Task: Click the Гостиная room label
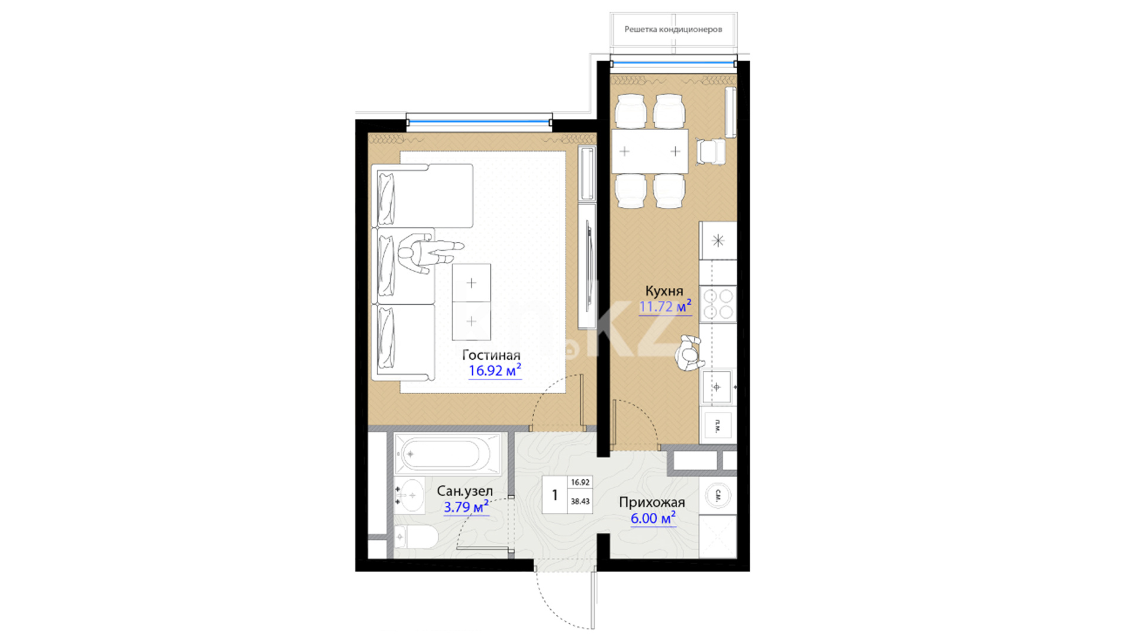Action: pyautogui.click(x=491, y=355)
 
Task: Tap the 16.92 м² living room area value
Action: pyautogui.click(x=495, y=370)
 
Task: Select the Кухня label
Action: pyautogui.click(x=664, y=291)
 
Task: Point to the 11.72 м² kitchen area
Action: pyautogui.click(x=665, y=306)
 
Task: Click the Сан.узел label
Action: pyautogui.click(x=464, y=491)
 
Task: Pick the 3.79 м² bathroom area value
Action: pyautogui.click(x=466, y=506)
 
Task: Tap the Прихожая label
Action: pyautogui.click(x=652, y=502)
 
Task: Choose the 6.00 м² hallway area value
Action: pyautogui.click(x=653, y=518)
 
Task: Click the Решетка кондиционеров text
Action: pyautogui.click(x=673, y=29)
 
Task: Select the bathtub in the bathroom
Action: pyautogui.click(x=447, y=454)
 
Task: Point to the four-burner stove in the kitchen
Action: pyautogui.click(x=718, y=304)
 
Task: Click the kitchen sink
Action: pyautogui.click(x=717, y=387)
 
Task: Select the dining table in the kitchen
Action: pyautogui.click(x=650, y=151)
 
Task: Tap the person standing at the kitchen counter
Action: pyautogui.click(x=689, y=354)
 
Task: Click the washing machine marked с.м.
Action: pyautogui.click(x=718, y=496)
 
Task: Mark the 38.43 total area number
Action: pyautogui.click(x=580, y=501)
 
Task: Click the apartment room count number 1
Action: pyautogui.click(x=554, y=495)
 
